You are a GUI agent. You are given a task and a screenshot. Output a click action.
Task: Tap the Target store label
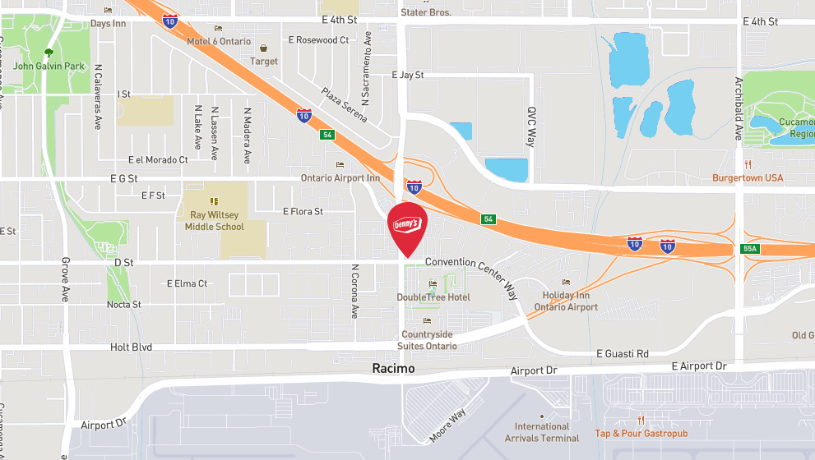264,61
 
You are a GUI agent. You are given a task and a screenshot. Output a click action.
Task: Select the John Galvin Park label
49,66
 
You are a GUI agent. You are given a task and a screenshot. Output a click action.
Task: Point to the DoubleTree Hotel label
433,297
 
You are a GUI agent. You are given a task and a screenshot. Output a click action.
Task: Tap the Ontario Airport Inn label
340,177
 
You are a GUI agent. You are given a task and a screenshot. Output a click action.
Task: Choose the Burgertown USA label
747,177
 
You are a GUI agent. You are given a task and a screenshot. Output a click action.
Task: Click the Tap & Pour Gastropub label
641,433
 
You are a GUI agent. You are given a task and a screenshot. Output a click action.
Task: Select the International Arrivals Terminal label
542,432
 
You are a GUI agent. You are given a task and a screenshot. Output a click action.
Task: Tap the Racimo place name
393,369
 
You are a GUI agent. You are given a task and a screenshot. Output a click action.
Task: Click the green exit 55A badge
748,248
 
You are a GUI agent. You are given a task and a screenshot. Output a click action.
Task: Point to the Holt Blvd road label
132,347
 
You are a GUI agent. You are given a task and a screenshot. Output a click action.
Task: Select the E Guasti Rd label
623,353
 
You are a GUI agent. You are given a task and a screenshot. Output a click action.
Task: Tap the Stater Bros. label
425,12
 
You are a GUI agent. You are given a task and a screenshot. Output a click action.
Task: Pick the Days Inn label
108,23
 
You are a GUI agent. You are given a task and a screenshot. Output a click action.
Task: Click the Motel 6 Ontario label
217,41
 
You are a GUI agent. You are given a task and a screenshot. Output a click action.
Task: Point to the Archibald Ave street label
739,109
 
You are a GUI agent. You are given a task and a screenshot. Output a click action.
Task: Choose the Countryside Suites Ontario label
426,340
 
